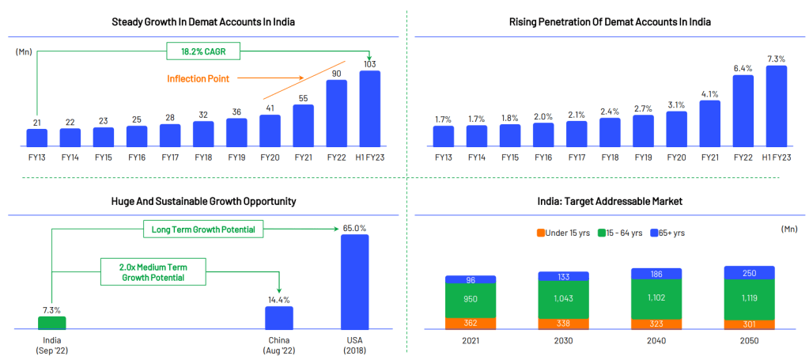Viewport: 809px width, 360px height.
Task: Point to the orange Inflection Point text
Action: [198, 78]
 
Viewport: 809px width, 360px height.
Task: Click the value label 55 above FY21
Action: [303, 98]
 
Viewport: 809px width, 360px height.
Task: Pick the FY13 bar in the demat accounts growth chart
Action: [37, 138]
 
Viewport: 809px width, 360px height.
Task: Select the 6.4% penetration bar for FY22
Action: [743, 111]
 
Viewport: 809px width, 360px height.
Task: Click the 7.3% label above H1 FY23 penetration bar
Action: [776, 59]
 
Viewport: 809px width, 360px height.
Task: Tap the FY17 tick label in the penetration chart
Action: [577, 157]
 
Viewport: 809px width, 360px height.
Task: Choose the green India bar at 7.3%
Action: [52, 323]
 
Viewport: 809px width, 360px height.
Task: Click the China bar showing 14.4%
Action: [279, 317]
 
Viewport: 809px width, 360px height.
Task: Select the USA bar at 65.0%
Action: [354, 282]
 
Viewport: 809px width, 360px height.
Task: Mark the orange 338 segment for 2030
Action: [564, 324]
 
